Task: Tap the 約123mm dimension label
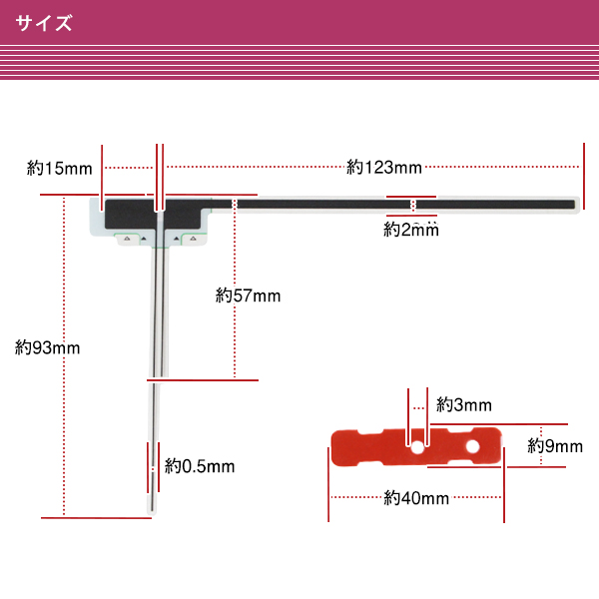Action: coord(384,167)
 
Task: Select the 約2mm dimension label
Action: coord(411,230)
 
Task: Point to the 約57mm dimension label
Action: coord(249,296)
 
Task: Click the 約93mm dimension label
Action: coord(48,347)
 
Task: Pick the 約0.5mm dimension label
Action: coord(200,466)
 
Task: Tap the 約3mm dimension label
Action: coord(464,405)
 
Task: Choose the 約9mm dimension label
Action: coord(555,446)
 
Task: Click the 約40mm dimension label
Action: coord(416,498)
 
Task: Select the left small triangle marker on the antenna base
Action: coord(142,240)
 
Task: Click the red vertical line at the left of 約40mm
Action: coord(328,484)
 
